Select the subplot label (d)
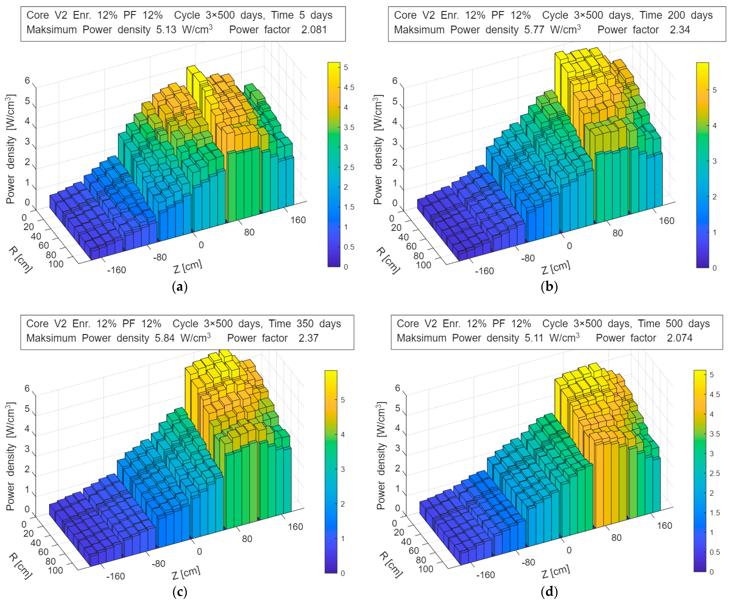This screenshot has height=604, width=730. pyautogui.click(x=549, y=591)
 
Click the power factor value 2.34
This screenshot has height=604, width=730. pyautogui.click(x=680, y=30)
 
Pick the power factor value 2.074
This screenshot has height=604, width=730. pyautogui.click(x=679, y=338)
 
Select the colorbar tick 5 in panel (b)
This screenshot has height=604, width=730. pyautogui.click(x=714, y=90)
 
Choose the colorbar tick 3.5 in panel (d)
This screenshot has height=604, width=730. pyautogui.click(x=714, y=434)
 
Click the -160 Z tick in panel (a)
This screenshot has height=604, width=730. pyautogui.click(x=116, y=270)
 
